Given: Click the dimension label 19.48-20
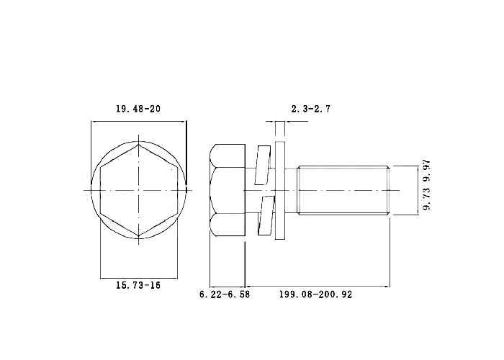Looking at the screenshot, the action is click(138, 109).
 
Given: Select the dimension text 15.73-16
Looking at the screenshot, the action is click(138, 285).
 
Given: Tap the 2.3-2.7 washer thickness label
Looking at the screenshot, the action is click(311, 109).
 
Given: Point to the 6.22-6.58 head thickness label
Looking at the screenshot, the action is click(225, 294).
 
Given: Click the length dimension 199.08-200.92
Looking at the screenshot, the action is click(315, 294).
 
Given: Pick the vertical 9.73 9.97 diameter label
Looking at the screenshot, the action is click(426, 186).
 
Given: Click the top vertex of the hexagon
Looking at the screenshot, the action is click(138, 144).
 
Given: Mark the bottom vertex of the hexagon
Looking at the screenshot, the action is click(138, 236).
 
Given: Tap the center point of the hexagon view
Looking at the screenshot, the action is click(138, 190).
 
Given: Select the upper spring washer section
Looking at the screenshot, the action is click(263, 165).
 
